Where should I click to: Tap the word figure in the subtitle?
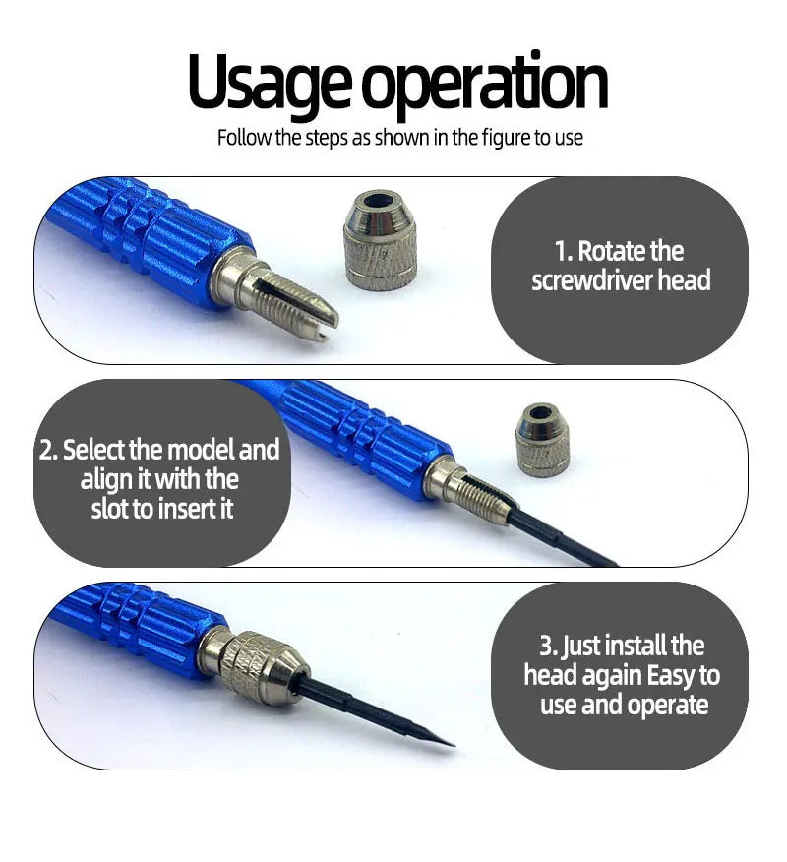point(505,138)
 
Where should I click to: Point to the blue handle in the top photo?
point(157,241)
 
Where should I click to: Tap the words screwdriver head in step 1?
point(621,281)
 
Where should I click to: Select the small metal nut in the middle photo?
point(543,440)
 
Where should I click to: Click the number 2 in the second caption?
point(46,451)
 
